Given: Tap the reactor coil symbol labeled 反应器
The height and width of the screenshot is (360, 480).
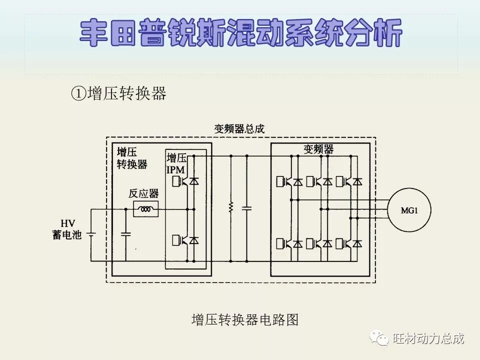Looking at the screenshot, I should [x=146, y=209].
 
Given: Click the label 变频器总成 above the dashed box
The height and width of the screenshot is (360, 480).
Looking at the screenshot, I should [x=239, y=129].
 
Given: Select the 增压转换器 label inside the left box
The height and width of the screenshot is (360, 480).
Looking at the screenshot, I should [x=131, y=158].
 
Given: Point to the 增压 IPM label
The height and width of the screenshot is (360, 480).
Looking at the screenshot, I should [x=176, y=164].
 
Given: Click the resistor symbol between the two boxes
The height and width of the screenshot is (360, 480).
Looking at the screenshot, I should [x=231, y=207].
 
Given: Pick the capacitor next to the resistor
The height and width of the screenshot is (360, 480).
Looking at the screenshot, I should [x=246, y=207].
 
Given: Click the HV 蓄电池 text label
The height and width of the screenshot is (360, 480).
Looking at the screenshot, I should [x=67, y=229].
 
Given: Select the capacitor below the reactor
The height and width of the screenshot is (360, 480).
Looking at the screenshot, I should [x=126, y=233].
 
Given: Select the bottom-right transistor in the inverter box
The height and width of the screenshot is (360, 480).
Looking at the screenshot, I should [x=349, y=244].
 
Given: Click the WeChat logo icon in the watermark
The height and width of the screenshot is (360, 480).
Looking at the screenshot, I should [x=379, y=338].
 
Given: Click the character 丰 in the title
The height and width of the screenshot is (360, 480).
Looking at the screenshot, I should [x=95, y=34].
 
